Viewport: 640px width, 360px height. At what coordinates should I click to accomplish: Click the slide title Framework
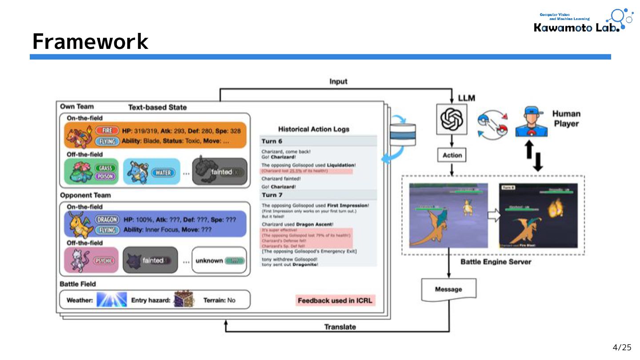tap(90, 42)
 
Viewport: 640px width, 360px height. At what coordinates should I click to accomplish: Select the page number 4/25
tap(622, 348)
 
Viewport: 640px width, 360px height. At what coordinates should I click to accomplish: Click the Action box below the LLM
tap(452, 156)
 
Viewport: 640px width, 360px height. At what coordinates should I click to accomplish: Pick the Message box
tap(448, 289)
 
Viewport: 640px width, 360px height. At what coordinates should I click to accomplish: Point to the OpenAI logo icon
tap(452, 119)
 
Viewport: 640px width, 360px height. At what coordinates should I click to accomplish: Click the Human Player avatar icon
tap(531, 122)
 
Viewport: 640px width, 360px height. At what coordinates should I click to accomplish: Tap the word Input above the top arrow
tap(338, 81)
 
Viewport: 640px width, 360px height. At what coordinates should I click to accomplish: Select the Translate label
tap(340, 327)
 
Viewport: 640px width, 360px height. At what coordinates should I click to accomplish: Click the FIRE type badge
tap(107, 131)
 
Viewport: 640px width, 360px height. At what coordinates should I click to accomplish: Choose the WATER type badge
tap(164, 172)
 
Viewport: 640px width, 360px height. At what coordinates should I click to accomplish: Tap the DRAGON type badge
tap(107, 219)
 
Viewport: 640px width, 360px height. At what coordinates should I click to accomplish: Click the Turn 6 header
tap(272, 141)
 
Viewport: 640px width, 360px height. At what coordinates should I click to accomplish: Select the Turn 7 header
tap(272, 195)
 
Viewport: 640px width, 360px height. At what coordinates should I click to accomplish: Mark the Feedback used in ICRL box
tap(336, 300)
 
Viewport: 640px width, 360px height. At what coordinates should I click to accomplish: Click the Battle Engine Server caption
tap(496, 262)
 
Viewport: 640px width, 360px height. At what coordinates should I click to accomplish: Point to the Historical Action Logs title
tap(313, 129)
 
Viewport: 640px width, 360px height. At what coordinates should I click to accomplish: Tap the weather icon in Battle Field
tap(112, 300)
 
